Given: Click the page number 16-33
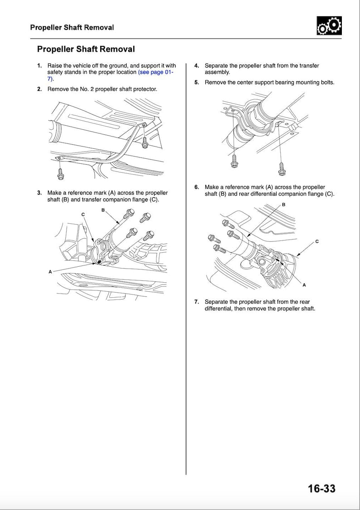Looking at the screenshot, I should tap(321, 488).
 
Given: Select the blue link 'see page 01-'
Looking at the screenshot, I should tap(156, 72).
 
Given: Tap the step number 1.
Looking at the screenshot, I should tap(39, 66).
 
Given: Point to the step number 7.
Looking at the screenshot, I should tap(196, 302).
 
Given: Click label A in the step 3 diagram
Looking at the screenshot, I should tap(50, 271).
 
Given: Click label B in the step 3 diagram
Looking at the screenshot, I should tap(103, 210).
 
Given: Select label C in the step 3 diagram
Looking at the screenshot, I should tap(83, 214).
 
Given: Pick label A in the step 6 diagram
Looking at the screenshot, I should tap(304, 285).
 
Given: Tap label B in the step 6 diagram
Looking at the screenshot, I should tap(284, 205).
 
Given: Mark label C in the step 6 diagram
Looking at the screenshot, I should tap(317, 241).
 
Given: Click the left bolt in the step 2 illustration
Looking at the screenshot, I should tap(60, 173).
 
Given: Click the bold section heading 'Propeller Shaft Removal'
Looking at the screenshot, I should tap(86, 49).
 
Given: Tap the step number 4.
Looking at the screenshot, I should tap(196, 66).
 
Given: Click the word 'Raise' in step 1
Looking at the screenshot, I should tap(55, 66).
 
